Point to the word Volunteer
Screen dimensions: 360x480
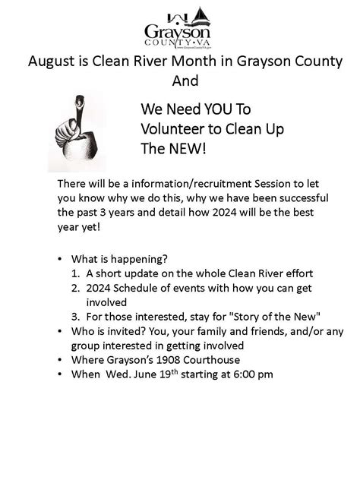pyautogui.click(x=172, y=129)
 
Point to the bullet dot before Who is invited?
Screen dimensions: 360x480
pyautogui.click(x=61, y=332)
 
